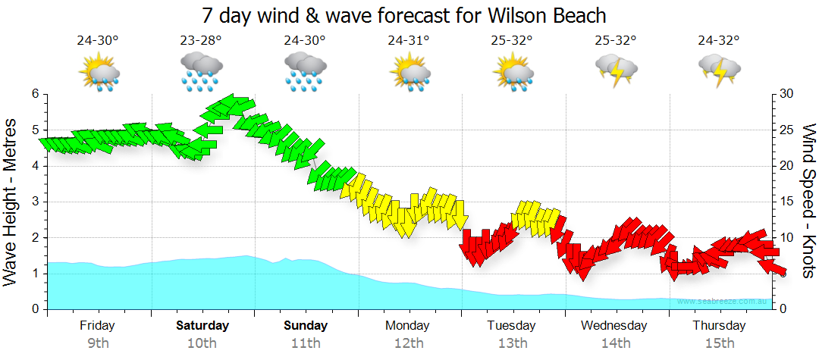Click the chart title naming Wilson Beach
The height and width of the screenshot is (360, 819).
pyautogui.click(x=404, y=14)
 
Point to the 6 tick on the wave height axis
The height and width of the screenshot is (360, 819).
pyautogui.click(x=34, y=94)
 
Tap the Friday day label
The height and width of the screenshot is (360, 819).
pyautogui.click(x=97, y=326)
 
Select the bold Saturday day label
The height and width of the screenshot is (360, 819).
pyautogui.click(x=202, y=326)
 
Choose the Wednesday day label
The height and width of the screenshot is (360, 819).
pyautogui.click(x=614, y=326)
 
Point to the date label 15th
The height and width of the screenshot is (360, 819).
pyautogui.click(x=719, y=343)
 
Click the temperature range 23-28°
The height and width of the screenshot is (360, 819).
pyautogui.click(x=201, y=41)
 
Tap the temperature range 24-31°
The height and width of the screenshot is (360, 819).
pyautogui.click(x=409, y=41)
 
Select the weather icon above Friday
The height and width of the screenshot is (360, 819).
pyautogui.click(x=99, y=72)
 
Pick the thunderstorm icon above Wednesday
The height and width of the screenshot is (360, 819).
pyautogui.click(x=616, y=69)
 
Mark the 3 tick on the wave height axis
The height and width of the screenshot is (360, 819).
pyautogui.click(x=34, y=202)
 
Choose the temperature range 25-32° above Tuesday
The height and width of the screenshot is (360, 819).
pyautogui.click(x=512, y=41)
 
